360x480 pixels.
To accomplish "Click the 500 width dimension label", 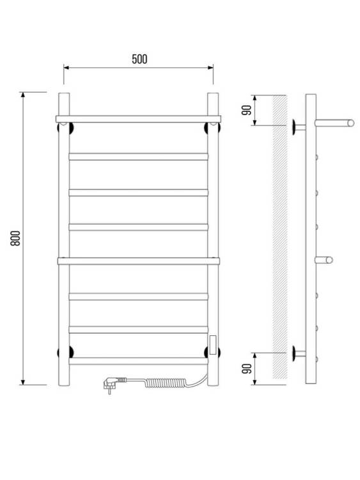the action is [139, 59].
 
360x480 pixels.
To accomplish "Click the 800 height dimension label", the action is [15, 238].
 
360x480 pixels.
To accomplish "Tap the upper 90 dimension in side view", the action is [247, 110].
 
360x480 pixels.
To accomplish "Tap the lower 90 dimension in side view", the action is [247, 369].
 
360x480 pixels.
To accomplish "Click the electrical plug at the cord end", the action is [111, 383].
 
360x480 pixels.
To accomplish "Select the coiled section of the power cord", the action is [166, 383].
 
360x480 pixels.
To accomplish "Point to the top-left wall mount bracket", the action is [65, 127].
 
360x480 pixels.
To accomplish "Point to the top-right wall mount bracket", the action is [212, 127].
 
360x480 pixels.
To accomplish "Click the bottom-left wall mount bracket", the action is [65, 352].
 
